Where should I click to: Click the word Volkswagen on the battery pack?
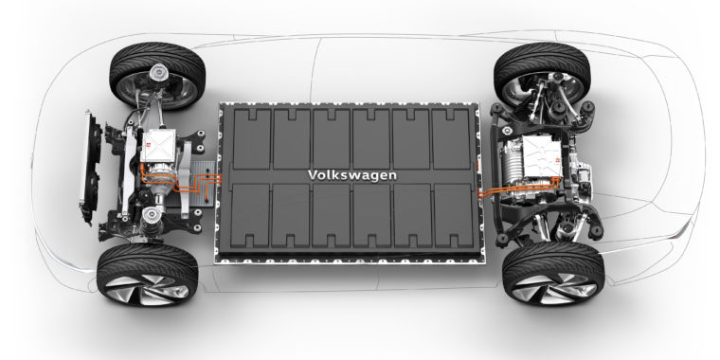(351, 175)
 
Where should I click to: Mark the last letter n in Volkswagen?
(393, 175)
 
